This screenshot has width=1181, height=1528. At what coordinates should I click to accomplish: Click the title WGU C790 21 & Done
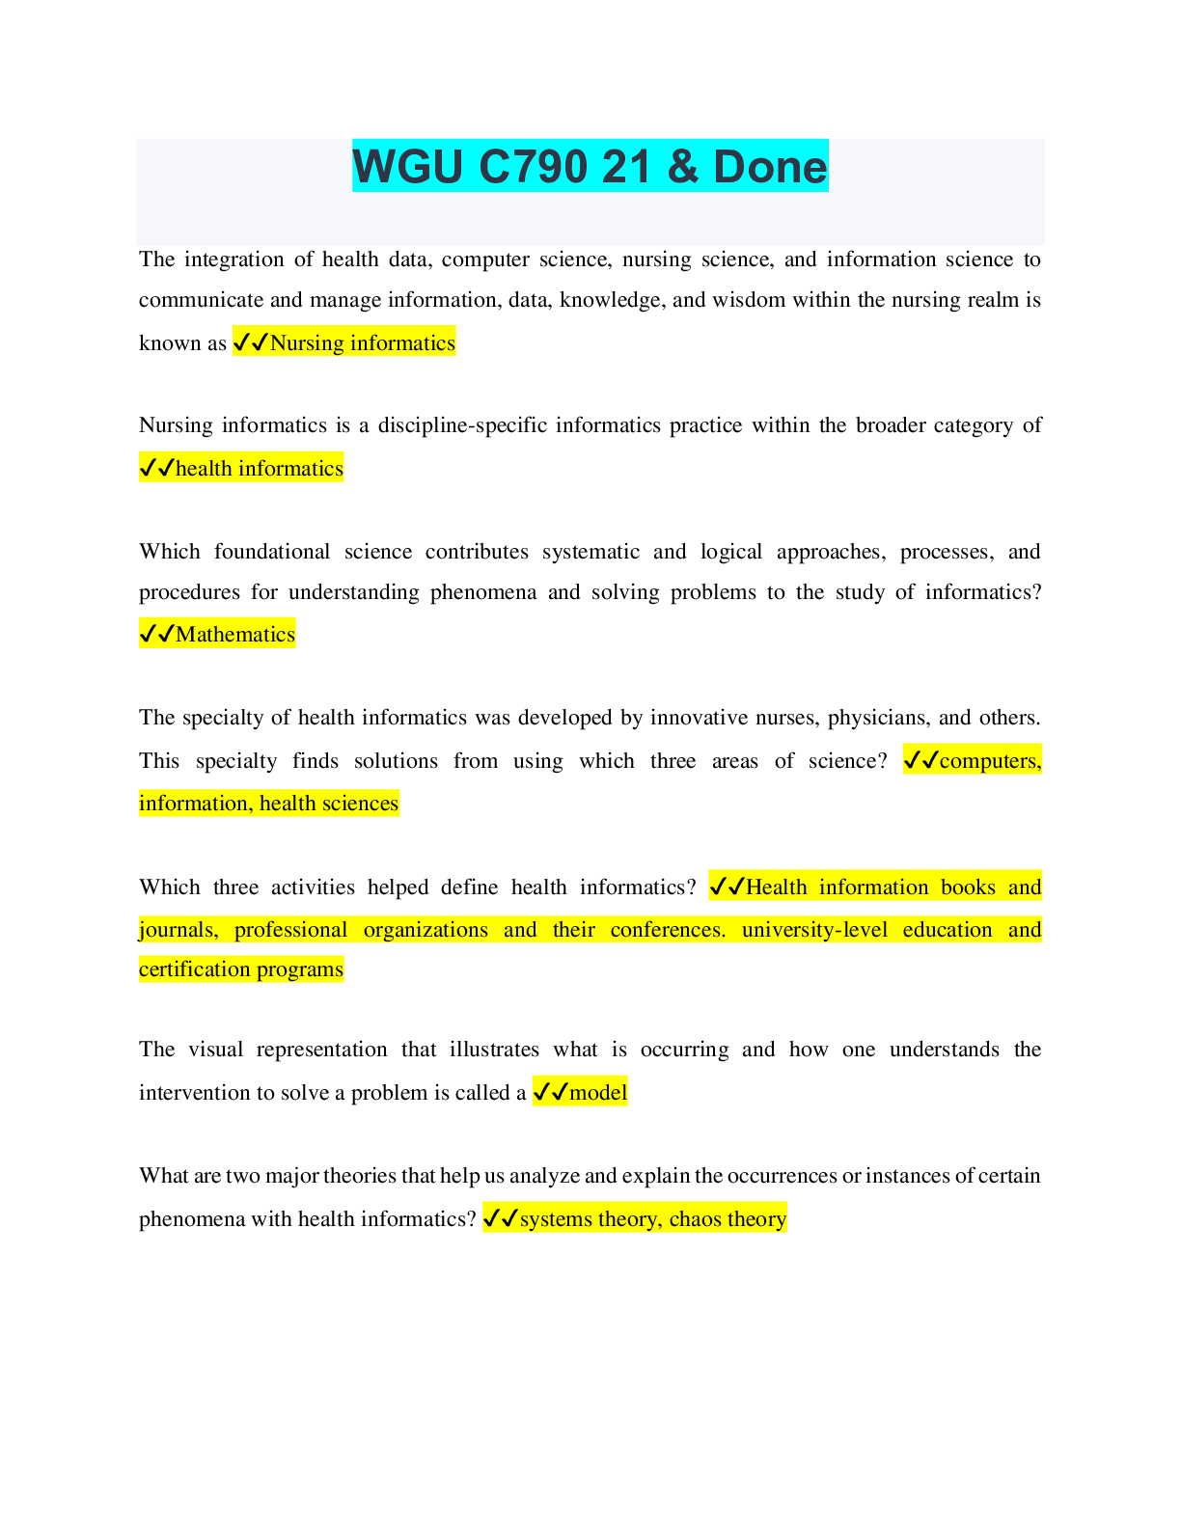[x=590, y=166]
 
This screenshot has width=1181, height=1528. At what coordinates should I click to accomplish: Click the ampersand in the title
[x=682, y=166]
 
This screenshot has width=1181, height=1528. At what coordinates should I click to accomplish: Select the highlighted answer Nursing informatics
[x=362, y=342]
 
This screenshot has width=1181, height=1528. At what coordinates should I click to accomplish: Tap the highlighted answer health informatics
[x=259, y=468]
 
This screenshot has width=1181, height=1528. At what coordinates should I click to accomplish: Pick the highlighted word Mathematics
[x=234, y=634]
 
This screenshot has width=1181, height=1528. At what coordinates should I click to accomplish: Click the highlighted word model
[x=598, y=1092]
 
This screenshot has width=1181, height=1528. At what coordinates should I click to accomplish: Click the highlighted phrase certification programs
[x=240, y=969]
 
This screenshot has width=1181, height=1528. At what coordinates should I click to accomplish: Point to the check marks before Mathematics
[x=156, y=634]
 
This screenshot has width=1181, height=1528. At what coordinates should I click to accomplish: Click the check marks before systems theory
[x=500, y=1218]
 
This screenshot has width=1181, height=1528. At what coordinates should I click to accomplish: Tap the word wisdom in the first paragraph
[x=748, y=300]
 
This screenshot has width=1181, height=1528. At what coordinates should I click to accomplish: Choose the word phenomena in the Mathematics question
[x=482, y=592]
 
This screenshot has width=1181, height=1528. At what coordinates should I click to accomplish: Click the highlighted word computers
[x=990, y=760]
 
